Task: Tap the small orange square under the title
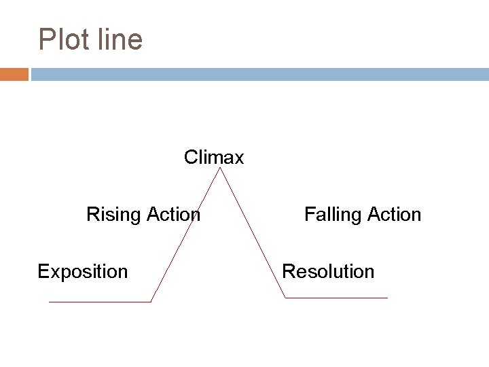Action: pyautogui.click(x=14, y=73)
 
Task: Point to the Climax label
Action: pyautogui.click(x=214, y=158)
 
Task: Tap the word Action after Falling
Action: pyautogui.click(x=394, y=215)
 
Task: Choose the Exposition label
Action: pyautogui.click(x=83, y=272)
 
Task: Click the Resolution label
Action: pyautogui.click(x=328, y=272)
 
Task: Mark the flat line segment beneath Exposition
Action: pyautogui.click(x=100, y=302)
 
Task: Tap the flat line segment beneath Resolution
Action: pyautogui.click(x=336, y=298)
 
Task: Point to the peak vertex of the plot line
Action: pyautogui.click(x=219, y=168)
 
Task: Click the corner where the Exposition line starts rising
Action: pyautogui.click(x=151, y=302)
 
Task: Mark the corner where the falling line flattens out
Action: pyautogui.click(x=285, y=298)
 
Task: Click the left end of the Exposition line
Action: pyautogui.click(x=50, y=302)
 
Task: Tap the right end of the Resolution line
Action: pyautogui.click(x=387, y=298)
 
